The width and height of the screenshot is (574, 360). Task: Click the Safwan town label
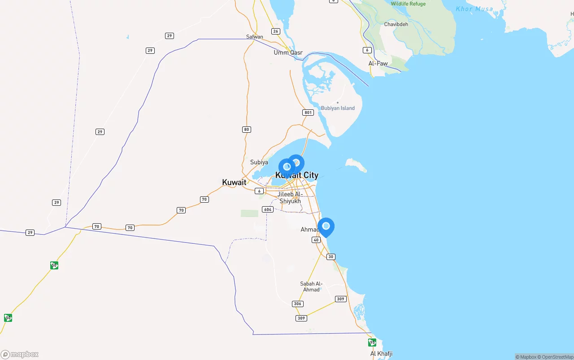pos(254,37)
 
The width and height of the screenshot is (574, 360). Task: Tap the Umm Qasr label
pos(288,52)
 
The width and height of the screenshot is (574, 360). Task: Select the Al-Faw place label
pos(378,64)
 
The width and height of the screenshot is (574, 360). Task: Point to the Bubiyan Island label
pos(338,108)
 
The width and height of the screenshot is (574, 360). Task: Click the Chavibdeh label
pos(396,24)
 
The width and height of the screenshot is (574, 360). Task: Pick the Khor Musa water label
pos(474,9)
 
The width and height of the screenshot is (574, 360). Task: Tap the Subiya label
pos(259,162)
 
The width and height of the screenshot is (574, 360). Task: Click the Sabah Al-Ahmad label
pos(311,286)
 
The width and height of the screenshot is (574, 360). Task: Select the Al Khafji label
pos(381,354)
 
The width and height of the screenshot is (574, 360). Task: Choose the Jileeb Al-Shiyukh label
pos(290,198)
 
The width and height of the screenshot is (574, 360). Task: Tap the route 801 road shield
pos(308,113)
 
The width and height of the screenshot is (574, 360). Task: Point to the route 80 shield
pos(246,130)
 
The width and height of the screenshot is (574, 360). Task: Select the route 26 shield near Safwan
pos(276,31)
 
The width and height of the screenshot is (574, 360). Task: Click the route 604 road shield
pos(268,209)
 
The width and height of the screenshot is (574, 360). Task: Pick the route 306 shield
pos(297,304)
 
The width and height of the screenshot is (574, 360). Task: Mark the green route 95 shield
pos(372,343)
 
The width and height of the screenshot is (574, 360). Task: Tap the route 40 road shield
pos(316,240)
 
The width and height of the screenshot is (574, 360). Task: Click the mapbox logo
pos(20,355)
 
